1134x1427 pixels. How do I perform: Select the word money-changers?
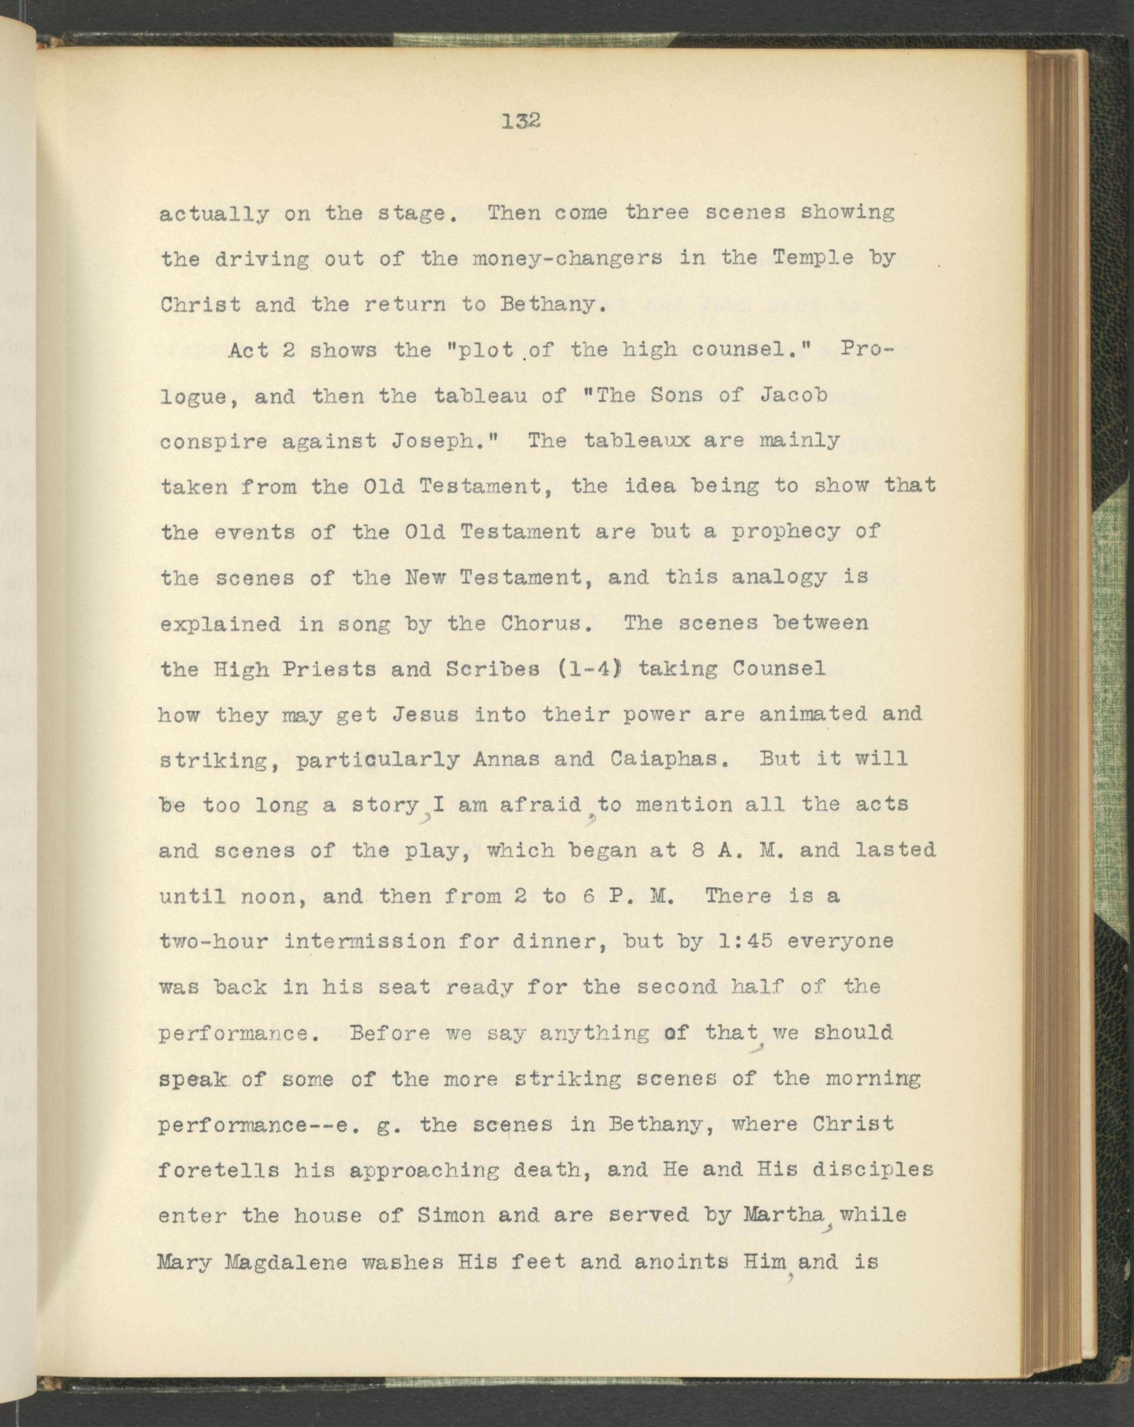[567, 258]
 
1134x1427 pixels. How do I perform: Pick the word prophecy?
[785, 532]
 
